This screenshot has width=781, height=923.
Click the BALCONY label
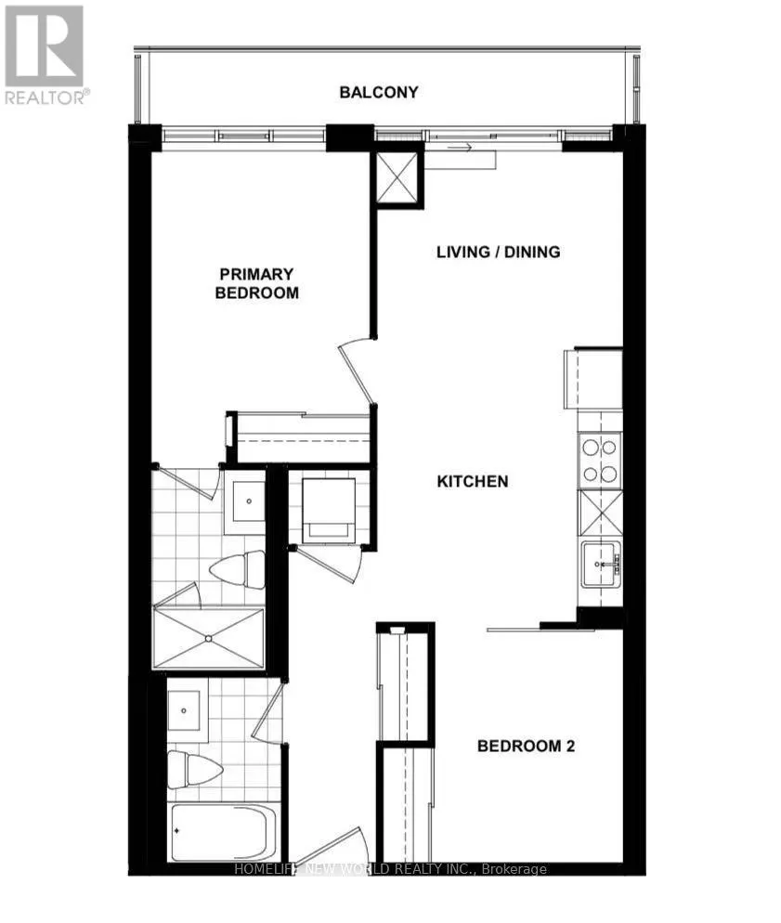tap(378, 93)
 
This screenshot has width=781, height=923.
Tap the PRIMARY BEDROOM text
tap(257, 283)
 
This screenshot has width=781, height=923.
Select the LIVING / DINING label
tap(499, 252)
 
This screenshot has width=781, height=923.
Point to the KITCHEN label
tap(473, 481)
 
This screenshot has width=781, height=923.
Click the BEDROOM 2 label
tap(526, 746)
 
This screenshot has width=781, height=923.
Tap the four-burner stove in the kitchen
tap(600, 461)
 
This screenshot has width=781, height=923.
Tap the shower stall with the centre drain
tap(209, 638)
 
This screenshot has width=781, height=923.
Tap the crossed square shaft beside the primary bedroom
tap(397, 177)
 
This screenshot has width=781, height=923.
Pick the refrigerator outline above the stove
tap(594, 377)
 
